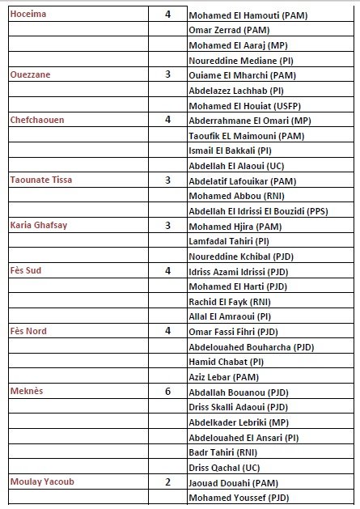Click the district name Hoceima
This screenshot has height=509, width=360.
tap(28, 14)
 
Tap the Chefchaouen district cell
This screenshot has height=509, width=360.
tap(38, 119)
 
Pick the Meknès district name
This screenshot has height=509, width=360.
tap(27, 391)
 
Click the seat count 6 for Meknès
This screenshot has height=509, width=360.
tap(167, 391)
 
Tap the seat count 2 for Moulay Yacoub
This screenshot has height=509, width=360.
tap(167, 481)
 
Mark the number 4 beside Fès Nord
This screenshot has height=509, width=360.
tap(167, 330)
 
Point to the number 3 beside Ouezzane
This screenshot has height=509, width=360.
tap(167, 74)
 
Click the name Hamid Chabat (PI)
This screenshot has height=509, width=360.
tap(226, 362)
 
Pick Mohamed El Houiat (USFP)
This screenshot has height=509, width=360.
tap(242, 105)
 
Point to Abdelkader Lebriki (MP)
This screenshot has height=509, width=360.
tap(238, 422)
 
